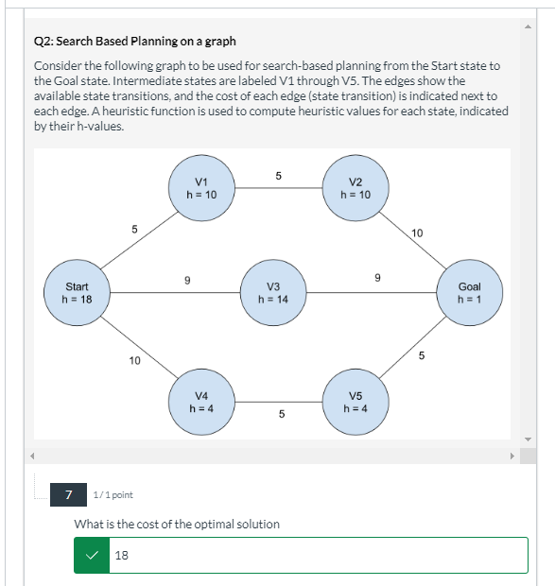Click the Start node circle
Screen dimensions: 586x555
tap(77, 293)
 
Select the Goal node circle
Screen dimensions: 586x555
tap(469, 293)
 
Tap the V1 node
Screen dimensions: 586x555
tap(199, 187)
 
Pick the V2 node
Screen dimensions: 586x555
tap(355, 187)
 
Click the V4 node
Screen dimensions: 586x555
tap(199, 402)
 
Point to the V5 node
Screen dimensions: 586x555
tap(355, 402)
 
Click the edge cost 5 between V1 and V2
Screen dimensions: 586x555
tap(278, 175)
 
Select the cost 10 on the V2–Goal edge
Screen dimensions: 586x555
tap(418, 232)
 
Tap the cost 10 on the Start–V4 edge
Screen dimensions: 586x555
tap(134, 360)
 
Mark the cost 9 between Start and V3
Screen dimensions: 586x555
tap(187, 280)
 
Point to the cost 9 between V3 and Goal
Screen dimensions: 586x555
tap(377, 278)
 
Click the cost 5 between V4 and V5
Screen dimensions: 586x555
tap(282, 414)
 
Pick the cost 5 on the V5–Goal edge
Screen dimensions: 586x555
tap(422, 356)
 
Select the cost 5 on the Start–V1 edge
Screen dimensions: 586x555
tap(134, 229)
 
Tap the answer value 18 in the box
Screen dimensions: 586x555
tap(121, 556)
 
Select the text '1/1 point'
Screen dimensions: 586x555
tap(113, 494)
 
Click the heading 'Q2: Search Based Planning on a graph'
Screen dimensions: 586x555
tap(134, 42)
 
